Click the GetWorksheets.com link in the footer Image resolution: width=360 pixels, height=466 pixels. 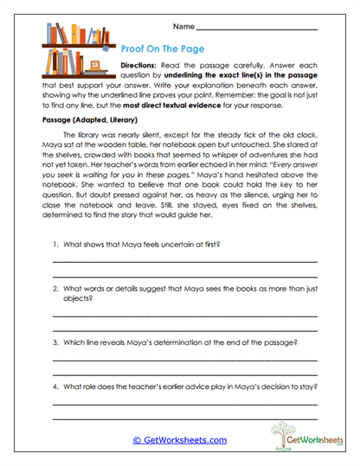(180, 440)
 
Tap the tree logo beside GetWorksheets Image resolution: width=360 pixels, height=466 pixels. (280, 431)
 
